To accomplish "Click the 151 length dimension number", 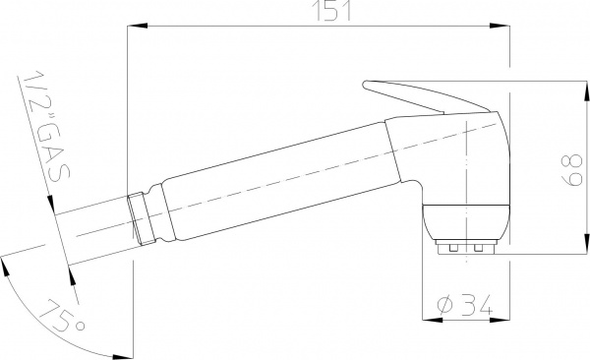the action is pyautogui.click(x=332, y=10).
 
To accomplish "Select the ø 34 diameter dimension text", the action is pyautogui.click(x=465, y=305).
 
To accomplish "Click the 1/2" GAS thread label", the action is pyautogui.click(x=46, y=125).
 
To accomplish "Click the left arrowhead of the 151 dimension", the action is pyautogui.click(x=137, y=26).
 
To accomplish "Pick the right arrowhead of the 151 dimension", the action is pyautogui.click(x=501, y=26).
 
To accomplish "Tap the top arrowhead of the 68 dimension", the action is pyautogui.click(x=586, y=90).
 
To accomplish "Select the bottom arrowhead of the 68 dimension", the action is pyautogui.click(x=586, y=244).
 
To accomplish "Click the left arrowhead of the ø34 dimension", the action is pyautogui.click(x=432, y=320).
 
